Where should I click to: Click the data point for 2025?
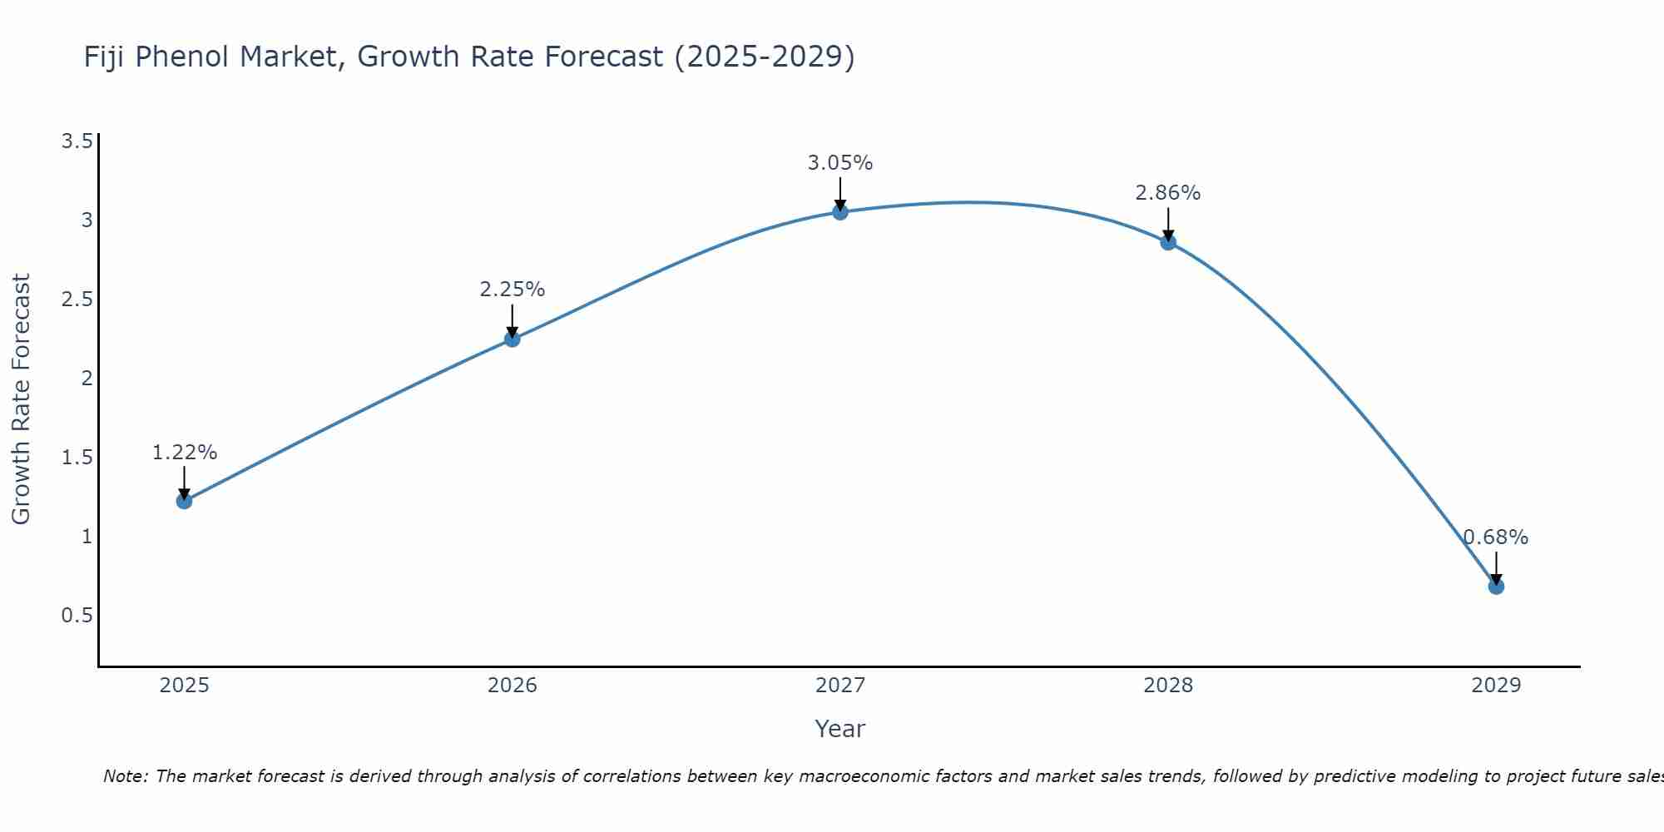184,501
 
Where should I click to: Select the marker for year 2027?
840,212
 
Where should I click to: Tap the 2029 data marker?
1496,587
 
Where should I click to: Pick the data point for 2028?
1168,242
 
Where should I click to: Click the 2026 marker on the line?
513,339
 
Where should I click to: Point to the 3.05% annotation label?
840,163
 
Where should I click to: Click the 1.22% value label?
185,453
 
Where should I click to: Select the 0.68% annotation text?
1496,537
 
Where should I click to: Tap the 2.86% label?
1168,193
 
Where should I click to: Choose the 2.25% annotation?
513,290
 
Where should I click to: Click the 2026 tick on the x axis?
513,686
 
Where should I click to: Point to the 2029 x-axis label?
1496,686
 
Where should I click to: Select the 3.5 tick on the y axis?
77,141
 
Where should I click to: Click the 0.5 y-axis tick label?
77,616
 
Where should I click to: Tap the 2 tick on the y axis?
87,379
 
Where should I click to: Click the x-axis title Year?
840,729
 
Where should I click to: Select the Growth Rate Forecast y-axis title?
21,399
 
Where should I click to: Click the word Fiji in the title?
105,57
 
